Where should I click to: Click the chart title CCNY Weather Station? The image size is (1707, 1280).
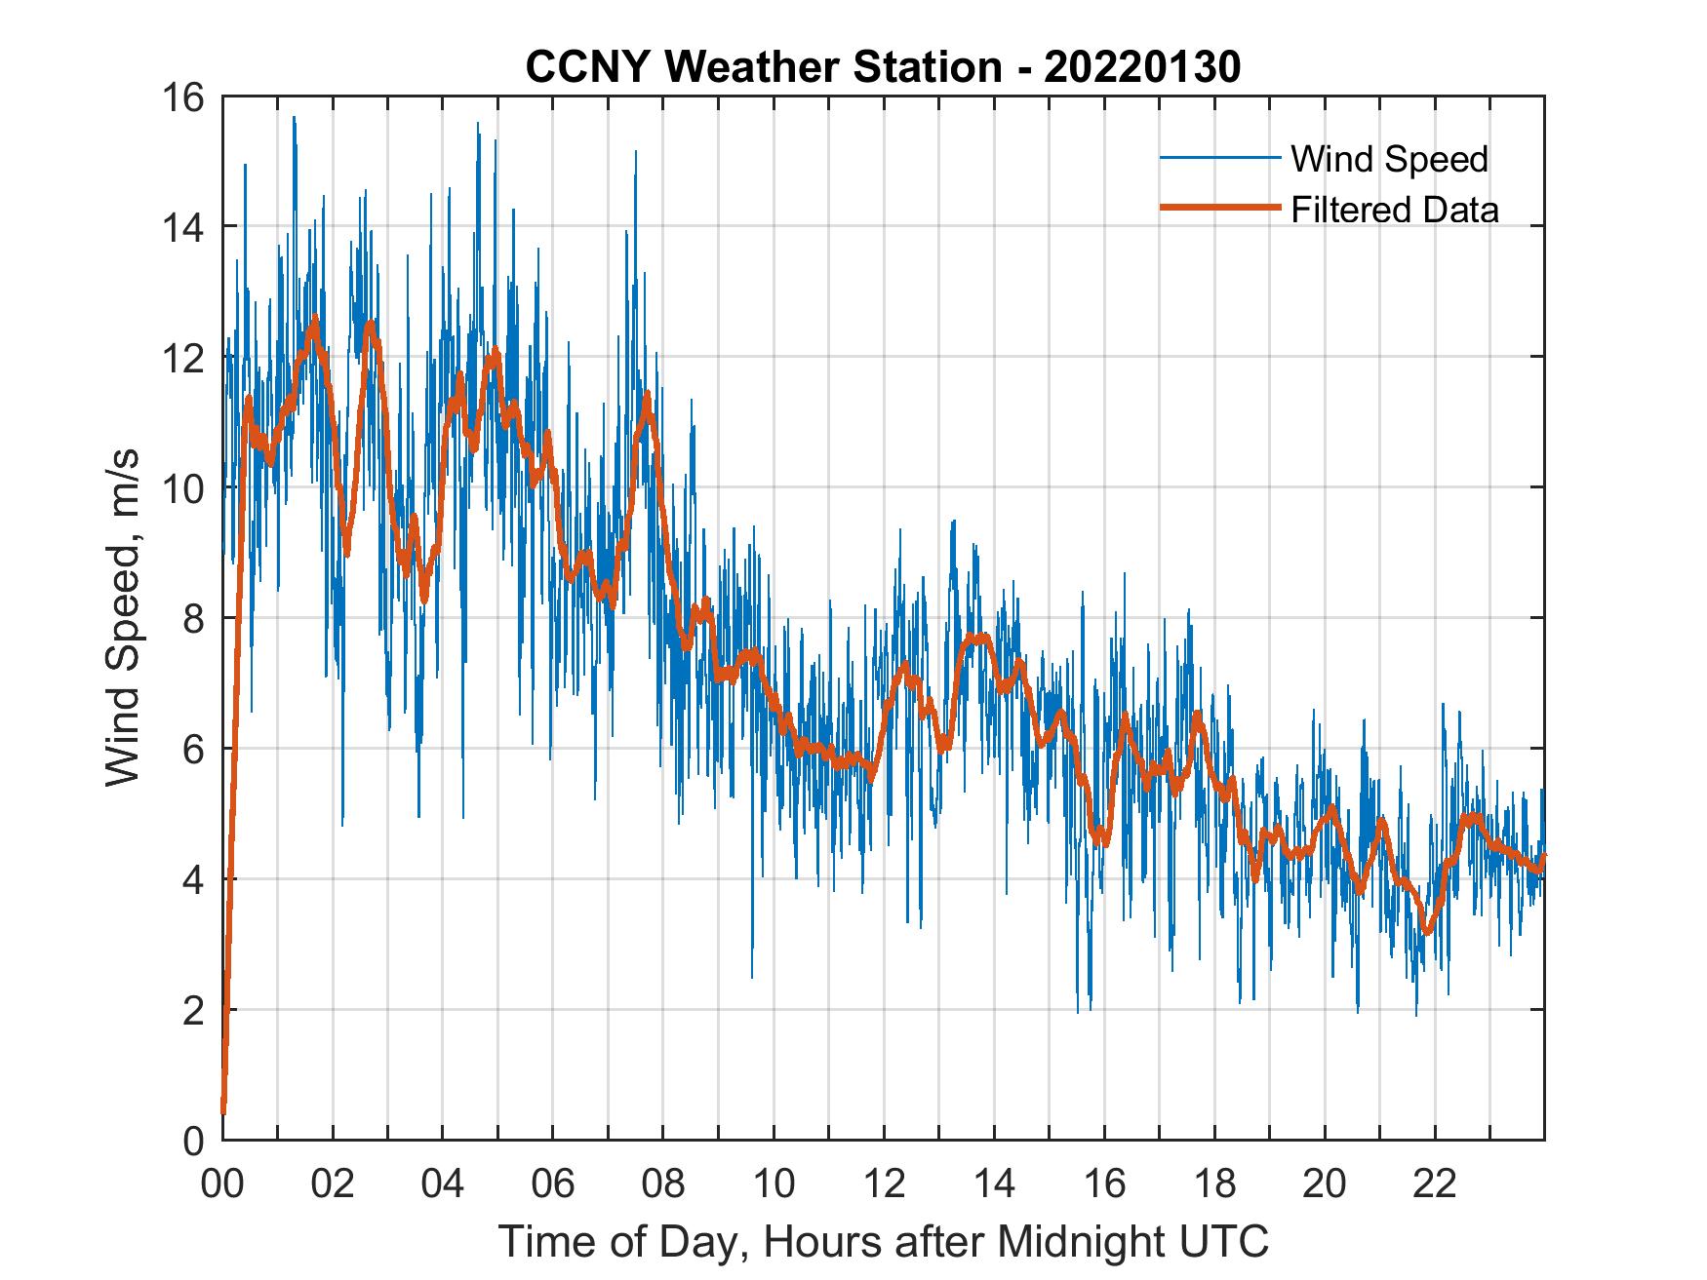764,67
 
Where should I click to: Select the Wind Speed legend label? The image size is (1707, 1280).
1389,159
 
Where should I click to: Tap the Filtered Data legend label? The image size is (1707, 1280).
1394,210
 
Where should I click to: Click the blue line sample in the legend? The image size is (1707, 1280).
1219,158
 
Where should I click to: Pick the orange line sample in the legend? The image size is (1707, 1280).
1219,208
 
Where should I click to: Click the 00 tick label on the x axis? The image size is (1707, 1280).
222,1184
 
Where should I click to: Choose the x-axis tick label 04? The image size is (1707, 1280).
442,1184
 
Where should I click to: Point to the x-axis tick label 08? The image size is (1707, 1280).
663,1184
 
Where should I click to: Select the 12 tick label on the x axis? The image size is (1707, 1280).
884,1184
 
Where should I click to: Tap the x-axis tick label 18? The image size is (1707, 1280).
1214,1184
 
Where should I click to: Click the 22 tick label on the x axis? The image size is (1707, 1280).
1435,1184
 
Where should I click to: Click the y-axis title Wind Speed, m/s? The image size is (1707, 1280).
122,617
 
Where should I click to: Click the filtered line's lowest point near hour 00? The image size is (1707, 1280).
223,1110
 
